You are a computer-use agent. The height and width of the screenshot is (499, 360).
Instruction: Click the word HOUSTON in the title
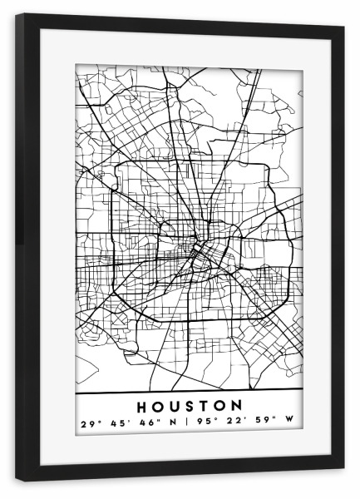click(189, 407)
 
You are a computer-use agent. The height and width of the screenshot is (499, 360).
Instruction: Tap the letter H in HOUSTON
click(140, 407)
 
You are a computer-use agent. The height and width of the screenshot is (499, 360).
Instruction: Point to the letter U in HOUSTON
click(173, 407)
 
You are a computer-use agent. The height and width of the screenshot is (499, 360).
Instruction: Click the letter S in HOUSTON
click(190, 407)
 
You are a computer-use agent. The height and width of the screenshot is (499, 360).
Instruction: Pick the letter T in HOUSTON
click(205, 407)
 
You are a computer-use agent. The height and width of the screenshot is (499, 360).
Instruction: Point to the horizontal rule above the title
click(189, 392)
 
